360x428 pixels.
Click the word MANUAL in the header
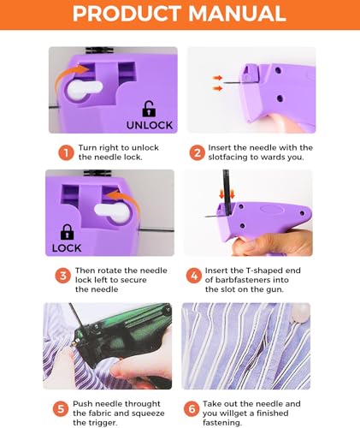(x=237, y=14)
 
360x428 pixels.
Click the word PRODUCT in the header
(x=127, y=14)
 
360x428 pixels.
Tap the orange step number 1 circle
(x=66, y=153)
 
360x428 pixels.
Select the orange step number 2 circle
(x=198, y=153)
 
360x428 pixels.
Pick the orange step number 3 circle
(x=62, y=276)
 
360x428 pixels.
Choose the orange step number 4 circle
(x=194, y=276)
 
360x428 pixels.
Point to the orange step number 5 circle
(x=61, y=409)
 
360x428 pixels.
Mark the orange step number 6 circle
(x=192, y=409)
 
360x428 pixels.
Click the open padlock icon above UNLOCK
(x=149, y=109)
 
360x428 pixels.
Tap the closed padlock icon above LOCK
(x=67, y=232)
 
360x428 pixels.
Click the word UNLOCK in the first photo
(x=150, y=125)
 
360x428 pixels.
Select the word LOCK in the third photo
(x=67, y=248)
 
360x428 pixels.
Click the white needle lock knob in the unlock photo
(x=83, y=89)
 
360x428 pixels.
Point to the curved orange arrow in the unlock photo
(x=67, y=76)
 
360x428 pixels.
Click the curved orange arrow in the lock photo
(x=127, y=199)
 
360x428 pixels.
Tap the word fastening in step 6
(x=222, y=423)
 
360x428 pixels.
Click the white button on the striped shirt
(x=299, y=312)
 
